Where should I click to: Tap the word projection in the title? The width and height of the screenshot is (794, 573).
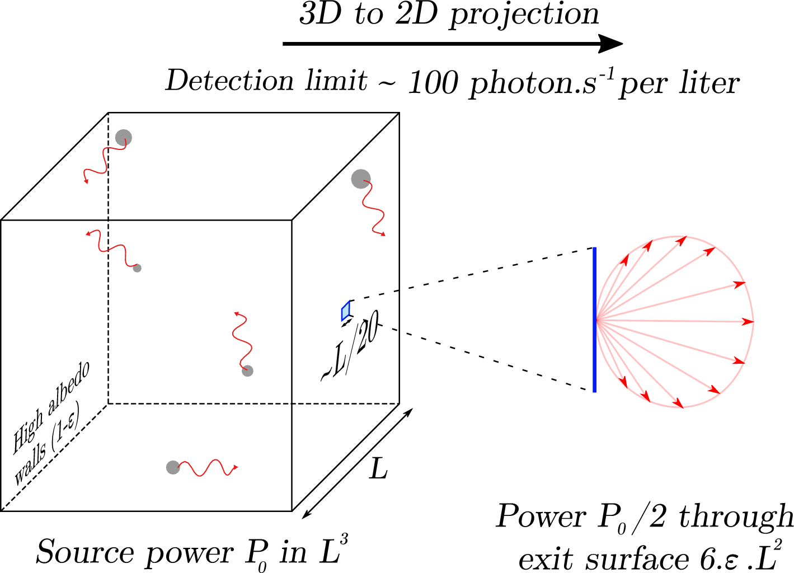pyautogui.click(x=524, y=15)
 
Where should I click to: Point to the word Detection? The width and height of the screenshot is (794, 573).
pyautogui.click(x=230, y=81)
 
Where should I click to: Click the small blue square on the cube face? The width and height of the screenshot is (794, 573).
pyautogui.click(x=346, y=311)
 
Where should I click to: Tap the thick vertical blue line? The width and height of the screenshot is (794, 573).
pyautogui.click(x=594, y=320)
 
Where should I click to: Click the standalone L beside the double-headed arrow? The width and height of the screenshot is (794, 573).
pyautogui.click(x=378, y=469)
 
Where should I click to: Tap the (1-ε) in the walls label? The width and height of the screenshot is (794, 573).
pyautogui.click(x=66, y=428)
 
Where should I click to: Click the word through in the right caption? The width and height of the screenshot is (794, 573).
pyautogui.click(x=736, y=516)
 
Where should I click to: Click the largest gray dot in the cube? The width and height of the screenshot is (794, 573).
pyautogui.click(x=361, y=179)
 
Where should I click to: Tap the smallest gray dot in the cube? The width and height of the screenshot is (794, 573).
pyautogui.click(x=137, y=268)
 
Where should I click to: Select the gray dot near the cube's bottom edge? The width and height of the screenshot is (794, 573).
pyautogui.click(x=173, y=467)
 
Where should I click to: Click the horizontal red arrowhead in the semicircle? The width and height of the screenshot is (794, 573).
pyautogui.click(x=748, y=322)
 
